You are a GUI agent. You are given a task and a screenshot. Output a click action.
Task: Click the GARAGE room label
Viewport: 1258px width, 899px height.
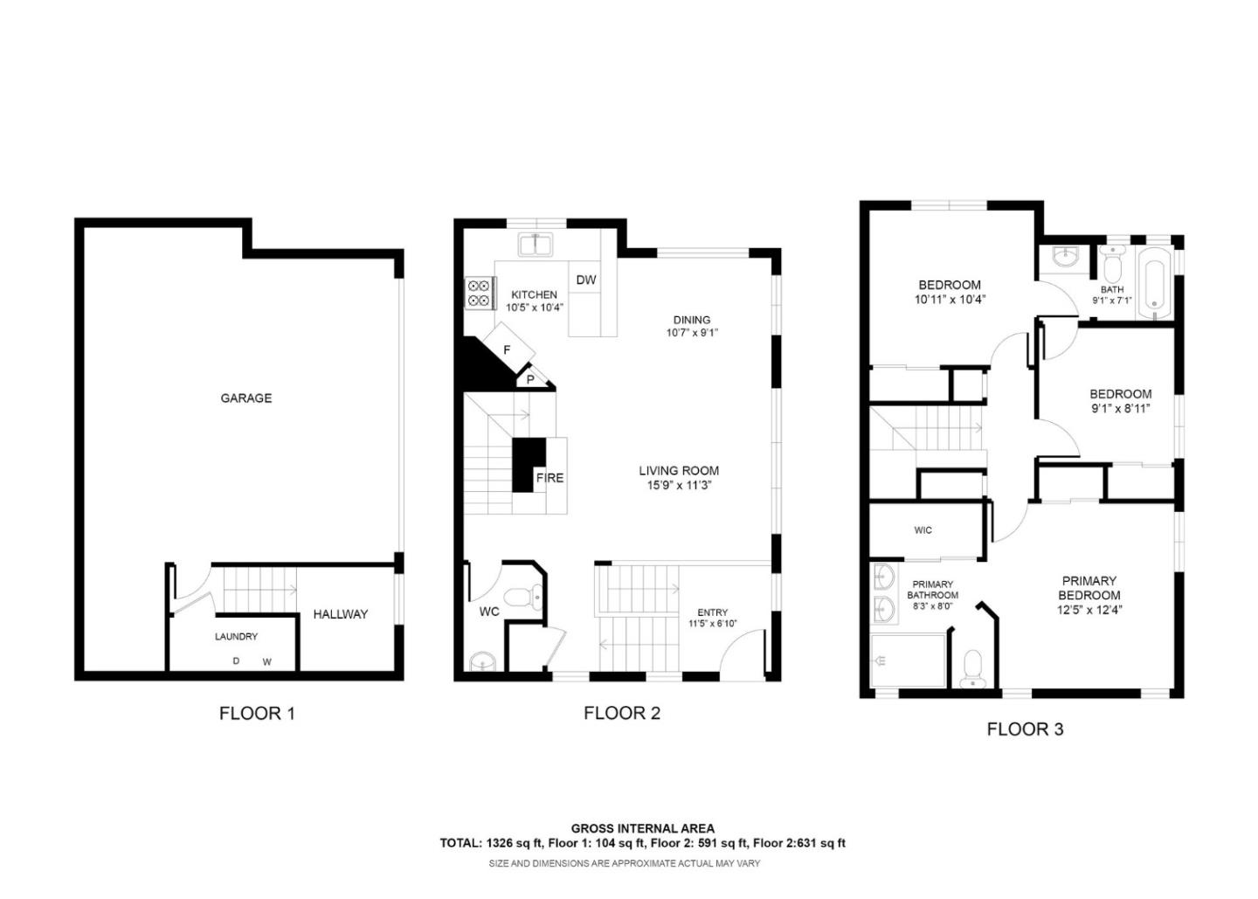click(245, 398)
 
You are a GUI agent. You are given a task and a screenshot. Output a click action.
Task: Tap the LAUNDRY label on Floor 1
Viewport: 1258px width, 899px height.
click(236, 637)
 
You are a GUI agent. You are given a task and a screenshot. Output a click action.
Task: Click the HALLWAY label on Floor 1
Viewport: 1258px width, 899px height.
click(340, 614)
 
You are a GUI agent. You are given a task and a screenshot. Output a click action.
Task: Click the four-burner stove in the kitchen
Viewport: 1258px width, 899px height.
click(478, 293)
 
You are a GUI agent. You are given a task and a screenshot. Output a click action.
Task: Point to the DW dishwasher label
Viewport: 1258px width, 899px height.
click(585, 280)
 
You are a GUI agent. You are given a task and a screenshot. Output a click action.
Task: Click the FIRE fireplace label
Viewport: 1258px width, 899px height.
click(550, 478)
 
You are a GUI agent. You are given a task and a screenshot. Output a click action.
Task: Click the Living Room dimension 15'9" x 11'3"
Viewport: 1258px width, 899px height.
click(679, 486)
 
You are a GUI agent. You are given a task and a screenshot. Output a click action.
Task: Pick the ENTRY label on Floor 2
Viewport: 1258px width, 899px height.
click(712, 612)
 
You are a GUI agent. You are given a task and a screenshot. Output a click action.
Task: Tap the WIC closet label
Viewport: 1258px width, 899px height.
click(923, 530)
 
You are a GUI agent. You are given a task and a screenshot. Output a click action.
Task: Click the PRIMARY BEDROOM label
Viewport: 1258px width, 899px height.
click(1089, 588)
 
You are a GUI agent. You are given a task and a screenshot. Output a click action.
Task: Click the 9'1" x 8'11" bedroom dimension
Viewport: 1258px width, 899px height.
click(1120, 408)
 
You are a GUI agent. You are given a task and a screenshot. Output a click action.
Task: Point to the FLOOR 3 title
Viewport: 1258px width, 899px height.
click(1025, 730)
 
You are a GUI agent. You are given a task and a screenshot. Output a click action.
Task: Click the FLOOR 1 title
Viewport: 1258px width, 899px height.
click(257, 714)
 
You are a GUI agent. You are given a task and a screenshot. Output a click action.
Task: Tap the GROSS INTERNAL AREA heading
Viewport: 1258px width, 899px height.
click(642, 828)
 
